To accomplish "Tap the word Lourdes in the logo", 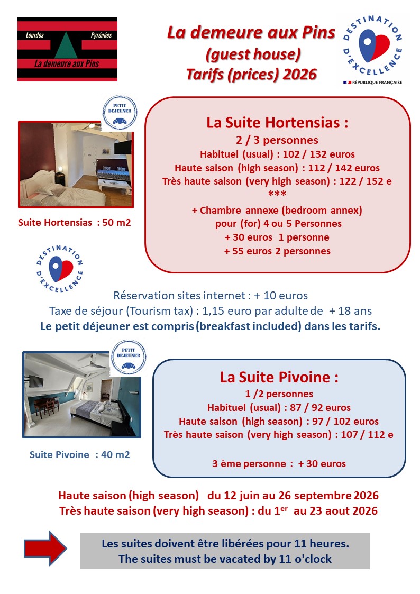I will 35,35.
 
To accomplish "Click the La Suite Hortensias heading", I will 277,123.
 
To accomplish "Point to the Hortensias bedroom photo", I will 75,163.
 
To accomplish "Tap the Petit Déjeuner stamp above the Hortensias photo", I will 120,113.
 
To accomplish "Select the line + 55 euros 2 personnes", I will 277,251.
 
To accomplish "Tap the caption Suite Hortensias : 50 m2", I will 74,223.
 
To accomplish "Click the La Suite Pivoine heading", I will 279,378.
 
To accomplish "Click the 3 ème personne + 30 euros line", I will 279,463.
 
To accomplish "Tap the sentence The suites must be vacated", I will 225,559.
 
